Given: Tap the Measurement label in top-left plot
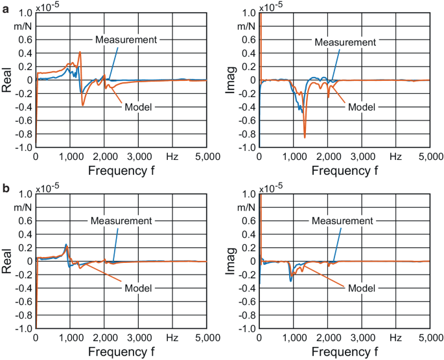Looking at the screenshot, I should click(x=126, y=39).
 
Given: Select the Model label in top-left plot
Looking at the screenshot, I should click(x=135, y=107).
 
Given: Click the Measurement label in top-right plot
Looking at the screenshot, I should click(x=345, y=42).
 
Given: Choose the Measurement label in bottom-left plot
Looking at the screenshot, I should click(x=121, y=221).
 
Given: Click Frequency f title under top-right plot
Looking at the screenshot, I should click(x=344, y=172).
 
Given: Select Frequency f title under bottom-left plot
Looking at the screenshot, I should click(x=121, y=353).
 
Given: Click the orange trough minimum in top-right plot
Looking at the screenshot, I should click(x=305, y=137).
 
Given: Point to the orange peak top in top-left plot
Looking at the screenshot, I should click(x=80, y=52).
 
